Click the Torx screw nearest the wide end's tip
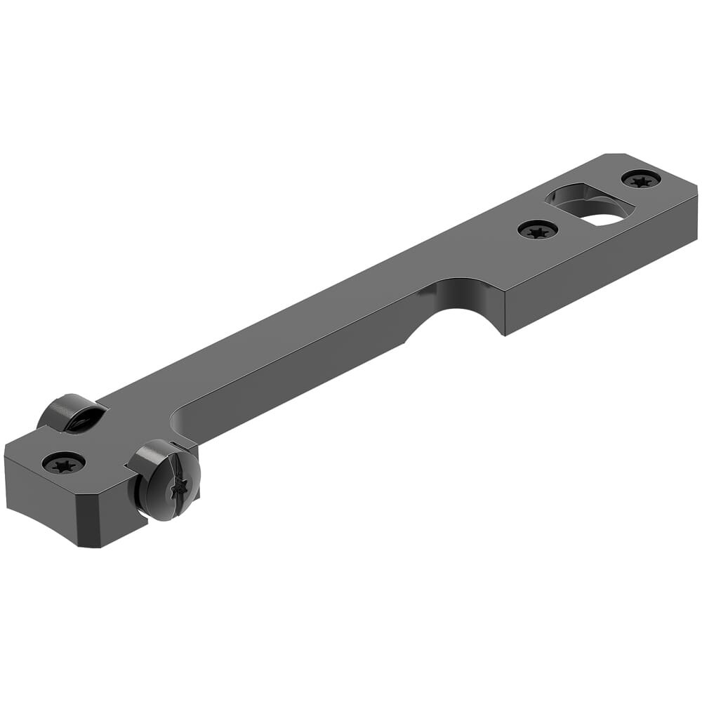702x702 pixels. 641,179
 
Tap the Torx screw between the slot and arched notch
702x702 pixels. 538,229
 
